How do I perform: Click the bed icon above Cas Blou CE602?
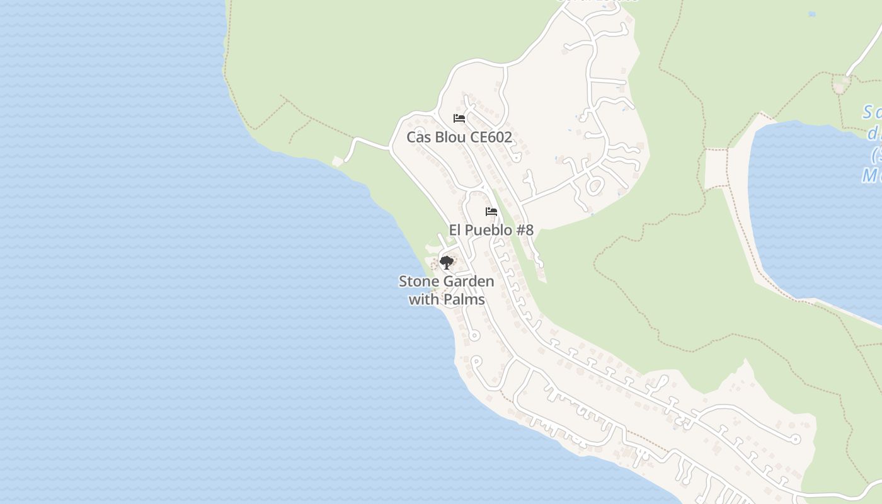[x=459, y=118]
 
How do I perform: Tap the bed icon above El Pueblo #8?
[x=491, y=212]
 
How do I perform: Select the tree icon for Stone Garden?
[x=447, y=262]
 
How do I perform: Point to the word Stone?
[x=417, y=281]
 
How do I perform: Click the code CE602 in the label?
[x=491, y=137]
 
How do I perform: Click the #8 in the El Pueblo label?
[x=525, y=230]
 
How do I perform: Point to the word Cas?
[x=418, y=137]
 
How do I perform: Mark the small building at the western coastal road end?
[x=338, y=161]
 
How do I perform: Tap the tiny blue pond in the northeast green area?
[x=812, y=14]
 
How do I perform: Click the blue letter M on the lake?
[x=870, y=175]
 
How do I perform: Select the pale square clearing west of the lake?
[x=716, y=169]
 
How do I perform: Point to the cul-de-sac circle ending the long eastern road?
[x=796, y=439]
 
